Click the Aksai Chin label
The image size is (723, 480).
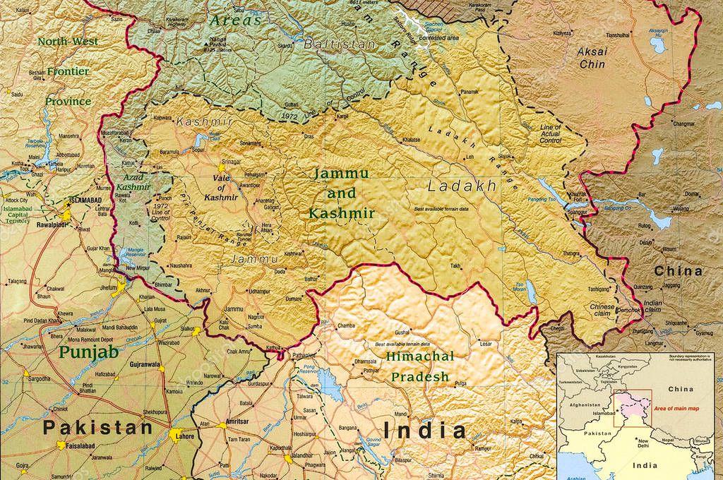coord(592,57)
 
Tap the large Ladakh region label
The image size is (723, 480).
coord(462,186)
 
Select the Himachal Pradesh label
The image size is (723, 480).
coord(420,366)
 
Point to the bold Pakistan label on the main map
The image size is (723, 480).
coord(97,427)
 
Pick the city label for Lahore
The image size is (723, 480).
coord(183,438)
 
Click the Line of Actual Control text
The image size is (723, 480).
coord(551,133)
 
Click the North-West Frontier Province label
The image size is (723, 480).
coord(68,71)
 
